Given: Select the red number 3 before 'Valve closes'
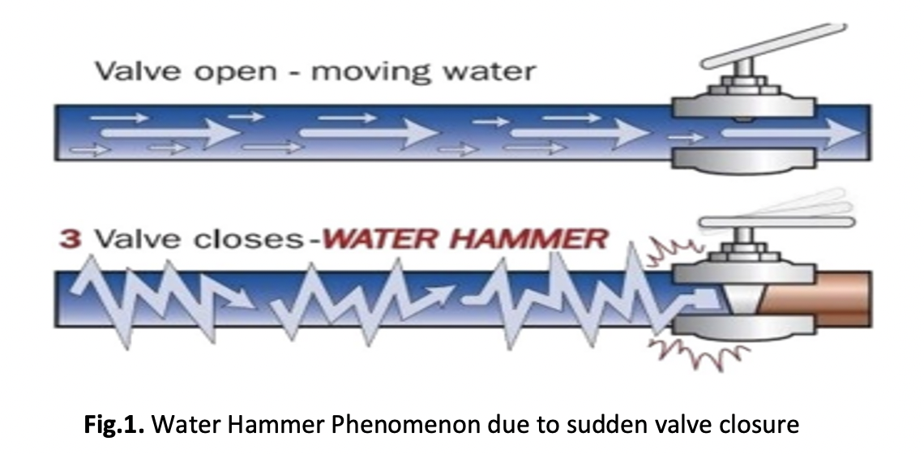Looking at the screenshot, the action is [x=71, y=239].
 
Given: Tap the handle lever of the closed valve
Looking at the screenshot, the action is [x=776, y=221].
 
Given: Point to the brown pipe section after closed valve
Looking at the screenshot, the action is [x=815, y=299].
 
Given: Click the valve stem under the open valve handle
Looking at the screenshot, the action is [x=744, y=68].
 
